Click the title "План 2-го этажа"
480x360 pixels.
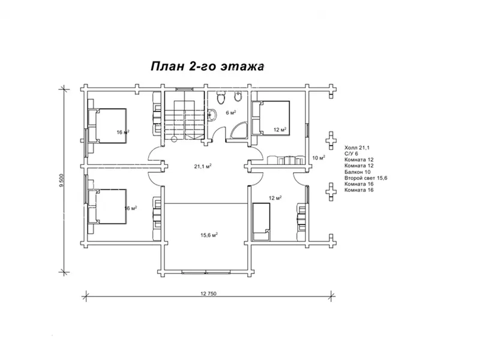[x=207, y=66]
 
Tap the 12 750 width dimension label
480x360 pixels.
[x=208, y=293]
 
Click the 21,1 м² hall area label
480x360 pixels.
[x=203, y=167]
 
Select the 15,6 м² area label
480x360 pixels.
[x=209, y=235]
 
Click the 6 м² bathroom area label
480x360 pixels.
[x=231, y=113]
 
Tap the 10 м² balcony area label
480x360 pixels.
[x=319, y=158]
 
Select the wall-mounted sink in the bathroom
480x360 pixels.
[x=213, y=115]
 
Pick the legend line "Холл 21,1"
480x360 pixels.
[x=357, y=148]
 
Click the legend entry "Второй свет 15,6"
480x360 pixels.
[x=366, y=178]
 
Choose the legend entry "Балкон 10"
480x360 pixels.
[x=357, y=172]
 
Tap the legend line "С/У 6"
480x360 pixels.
[x=351, y=154]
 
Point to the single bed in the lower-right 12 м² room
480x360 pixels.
[x=261, y=221]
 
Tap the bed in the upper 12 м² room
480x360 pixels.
[x=271, y=118]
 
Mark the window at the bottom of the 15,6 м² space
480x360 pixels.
[x=206, y=272]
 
